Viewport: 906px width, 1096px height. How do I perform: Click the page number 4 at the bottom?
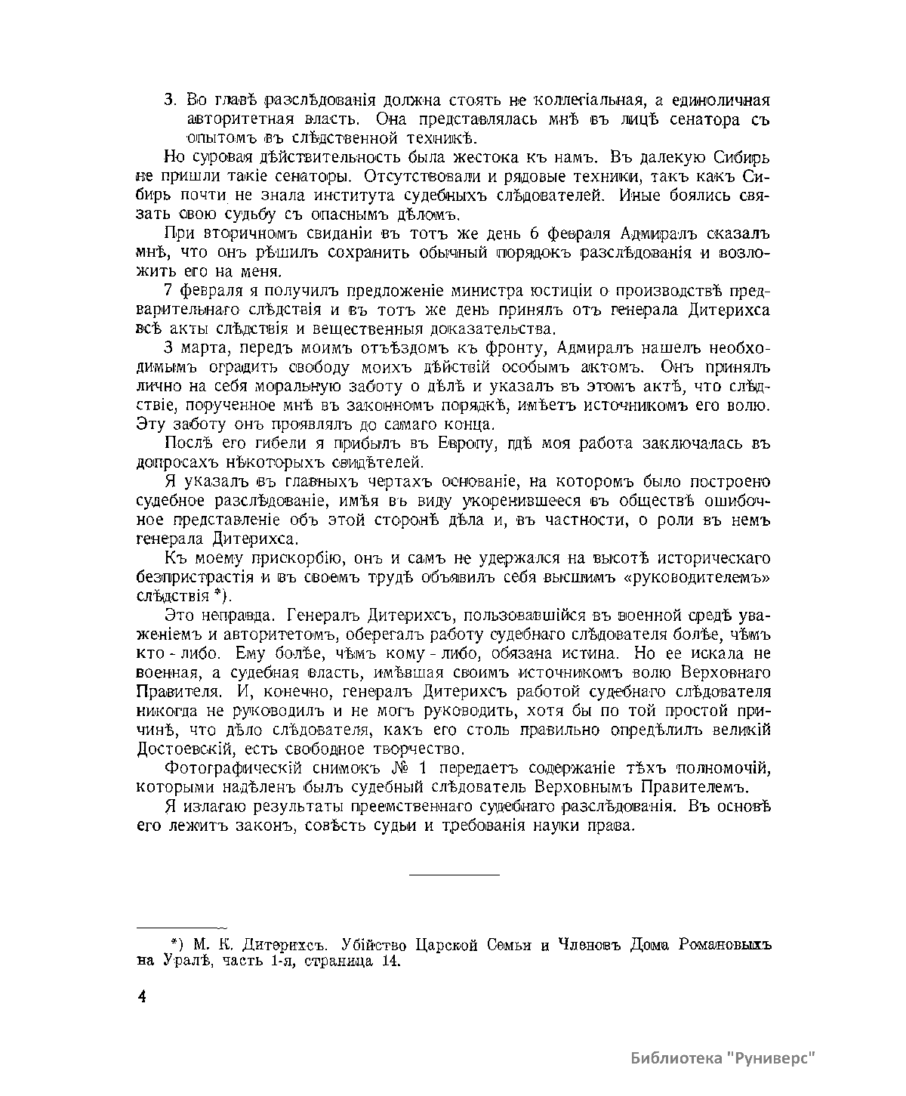[x=141, y=996]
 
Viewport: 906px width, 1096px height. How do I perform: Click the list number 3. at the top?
[x=171, y=100]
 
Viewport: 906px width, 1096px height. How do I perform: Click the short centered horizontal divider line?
[x=454, y=875]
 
